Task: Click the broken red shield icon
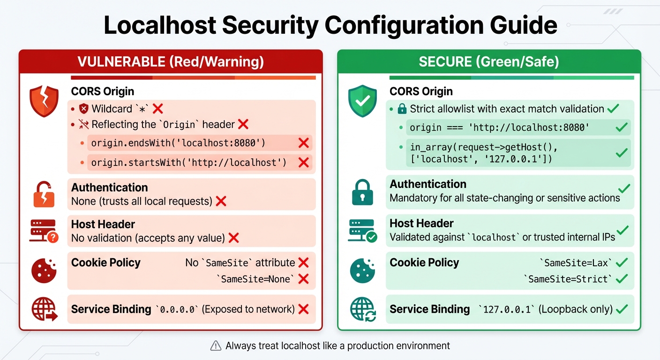pos(44,101)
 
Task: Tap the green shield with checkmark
pos(362,101)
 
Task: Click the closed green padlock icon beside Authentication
pos(362,192)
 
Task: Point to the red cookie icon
pos(44,270)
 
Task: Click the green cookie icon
pos(362,270)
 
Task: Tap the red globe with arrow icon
pos(44,309)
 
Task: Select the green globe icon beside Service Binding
pos(363,309)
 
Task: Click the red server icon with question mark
pos(44,231)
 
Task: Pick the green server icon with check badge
pos(362,231)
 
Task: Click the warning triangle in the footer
pos(216,346)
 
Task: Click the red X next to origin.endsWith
pos(303,143)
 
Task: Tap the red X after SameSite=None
pos(303,279)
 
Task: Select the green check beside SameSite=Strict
pos(622,279)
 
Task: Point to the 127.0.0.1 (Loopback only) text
pos(546,309)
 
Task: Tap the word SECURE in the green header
pos(446,62)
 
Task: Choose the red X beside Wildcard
pos(158,109)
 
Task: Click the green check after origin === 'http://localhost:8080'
pos(622,127)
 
